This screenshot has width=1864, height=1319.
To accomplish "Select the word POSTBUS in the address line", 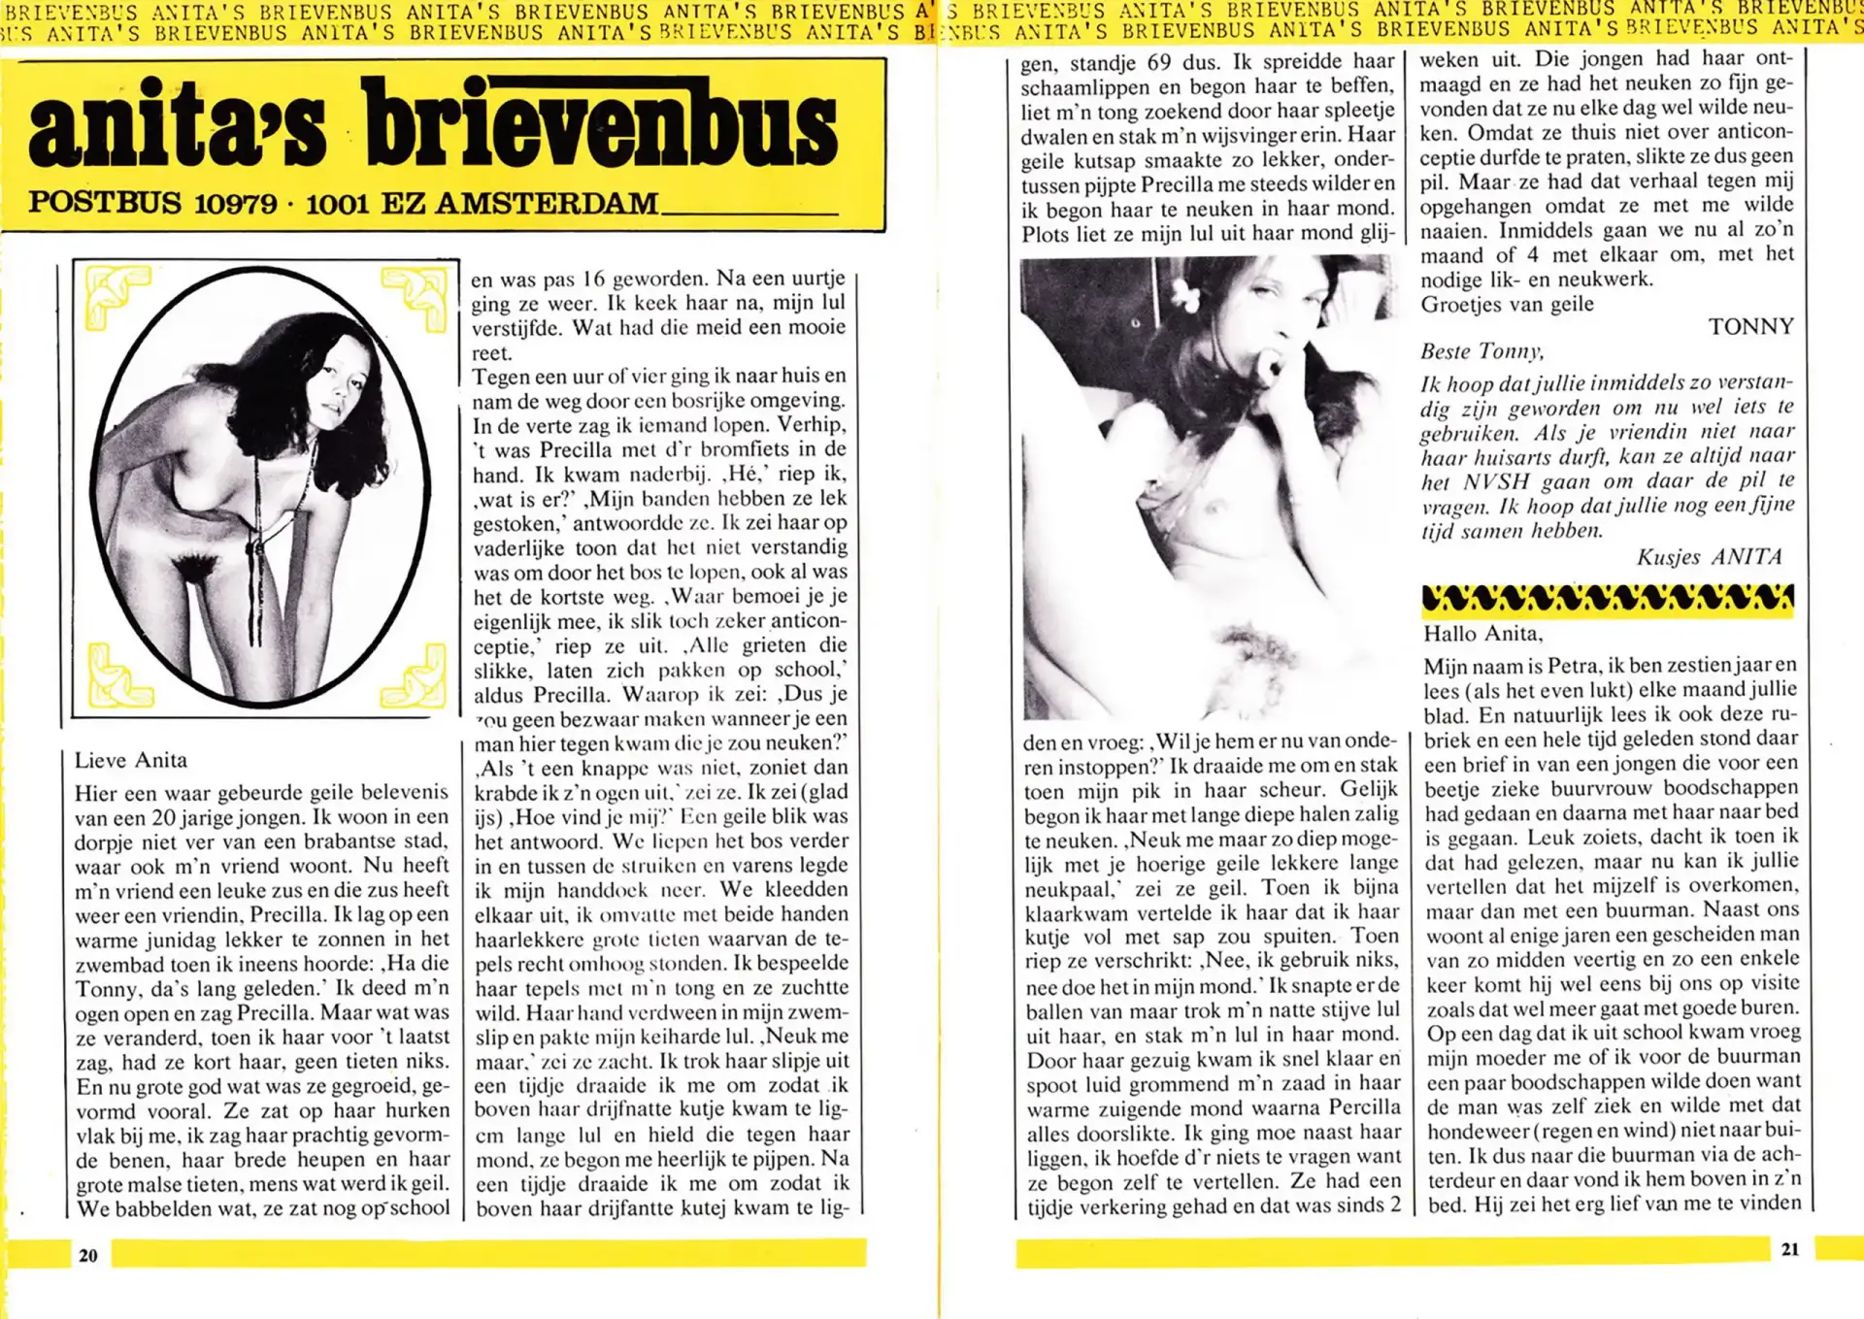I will point(105,202).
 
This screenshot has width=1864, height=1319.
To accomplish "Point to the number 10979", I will point(235,204).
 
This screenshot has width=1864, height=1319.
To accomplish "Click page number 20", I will point(88,1255).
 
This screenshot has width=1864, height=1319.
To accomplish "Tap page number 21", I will point(1790,1249).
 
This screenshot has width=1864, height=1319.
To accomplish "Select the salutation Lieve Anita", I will point(131,760).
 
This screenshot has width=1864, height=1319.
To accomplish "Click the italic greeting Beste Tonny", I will point(1481,351).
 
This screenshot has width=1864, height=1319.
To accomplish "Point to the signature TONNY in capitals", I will point(1750,327).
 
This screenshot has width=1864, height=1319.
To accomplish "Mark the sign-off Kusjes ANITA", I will point(1710,557).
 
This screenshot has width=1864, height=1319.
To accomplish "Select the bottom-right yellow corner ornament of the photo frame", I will point(415,676).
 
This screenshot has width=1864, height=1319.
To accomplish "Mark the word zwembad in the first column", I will point(118,965).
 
